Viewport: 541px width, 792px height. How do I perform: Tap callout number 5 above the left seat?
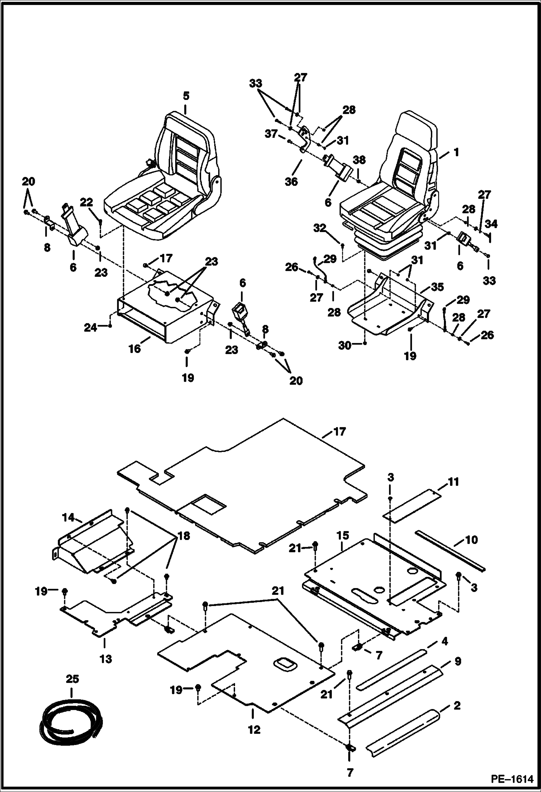point(186,96)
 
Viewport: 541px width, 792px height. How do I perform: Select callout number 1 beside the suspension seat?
point(456,153)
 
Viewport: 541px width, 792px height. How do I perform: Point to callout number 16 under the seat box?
point(135,349)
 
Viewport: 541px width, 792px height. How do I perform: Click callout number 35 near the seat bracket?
point(438,287)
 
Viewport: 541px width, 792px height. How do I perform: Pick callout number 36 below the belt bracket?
point(291,182)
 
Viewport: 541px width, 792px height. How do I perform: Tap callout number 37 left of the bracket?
point(271,134)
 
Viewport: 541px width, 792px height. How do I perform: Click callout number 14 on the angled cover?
point(68,518)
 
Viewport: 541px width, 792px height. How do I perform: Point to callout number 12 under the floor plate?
point(254,730)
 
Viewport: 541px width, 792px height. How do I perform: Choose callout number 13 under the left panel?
point(105,659)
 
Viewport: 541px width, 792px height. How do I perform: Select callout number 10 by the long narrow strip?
point(471,540)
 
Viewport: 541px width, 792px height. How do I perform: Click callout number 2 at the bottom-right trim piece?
point(456,705)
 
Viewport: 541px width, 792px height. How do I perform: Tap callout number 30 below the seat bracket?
point(345,345)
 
